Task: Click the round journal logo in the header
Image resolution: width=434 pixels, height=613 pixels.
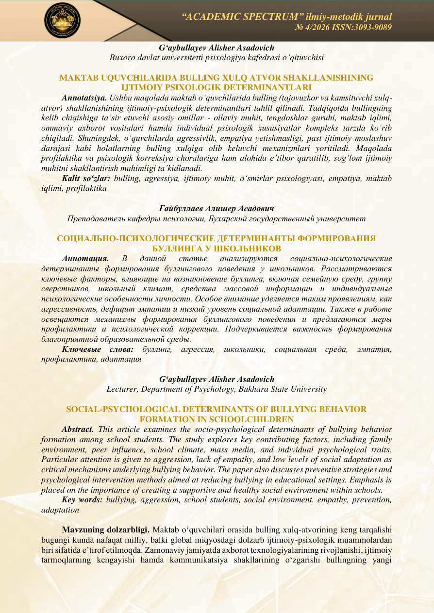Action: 63,20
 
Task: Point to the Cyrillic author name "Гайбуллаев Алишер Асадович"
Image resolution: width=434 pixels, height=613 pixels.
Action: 217,209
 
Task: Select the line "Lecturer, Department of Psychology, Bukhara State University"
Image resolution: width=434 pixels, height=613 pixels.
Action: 217,389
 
